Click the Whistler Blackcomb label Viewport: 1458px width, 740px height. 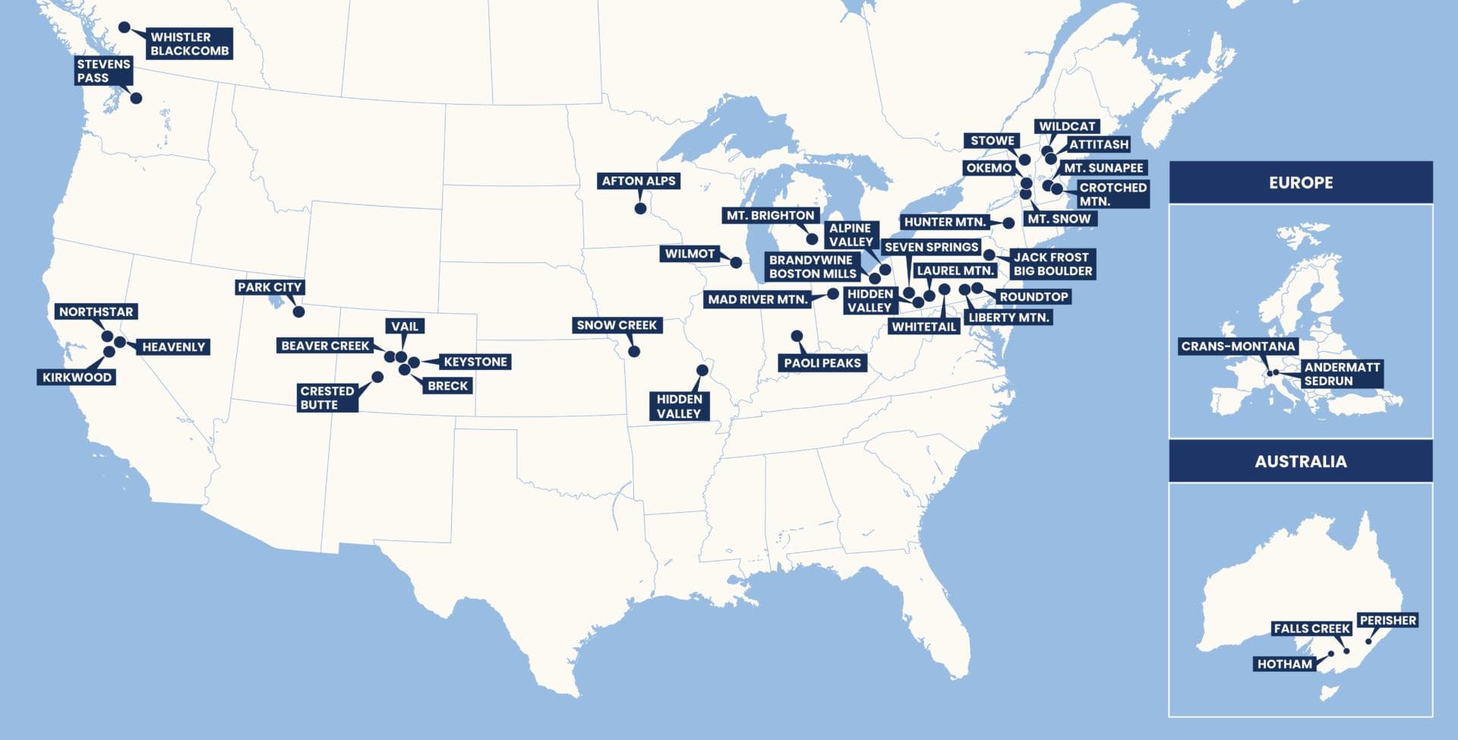click(x=189, y=44)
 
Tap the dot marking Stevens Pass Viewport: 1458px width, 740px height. click(x=136, y=98)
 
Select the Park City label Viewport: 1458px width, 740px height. click(x=270, y=287)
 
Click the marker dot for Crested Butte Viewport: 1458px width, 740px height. click(x=377, y=377)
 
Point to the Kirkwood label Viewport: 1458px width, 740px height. click(x=77, y=378)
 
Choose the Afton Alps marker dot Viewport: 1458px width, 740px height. click(x=640, y=208)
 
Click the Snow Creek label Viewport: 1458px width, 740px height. click(x=616, y=325)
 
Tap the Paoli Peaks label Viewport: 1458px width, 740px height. click(x=822, y=363)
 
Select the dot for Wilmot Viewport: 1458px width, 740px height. click(x=735, y=263)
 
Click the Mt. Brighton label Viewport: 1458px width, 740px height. click(x=770, y=216)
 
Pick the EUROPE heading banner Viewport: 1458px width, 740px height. click(x=1300, y=182)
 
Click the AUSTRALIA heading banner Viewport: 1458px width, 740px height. click(x=1300, y=461)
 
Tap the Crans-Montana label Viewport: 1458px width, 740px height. click(x=1238, y=346)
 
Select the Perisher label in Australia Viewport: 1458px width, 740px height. click(x=1387, y=621)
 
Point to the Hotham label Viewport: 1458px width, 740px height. click(x=1284, y=664)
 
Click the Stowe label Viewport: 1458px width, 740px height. click(x=992, y=141)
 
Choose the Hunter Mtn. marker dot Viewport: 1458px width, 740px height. click(x=1008, y=223)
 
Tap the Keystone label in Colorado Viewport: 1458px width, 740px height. click(x=475, y=362)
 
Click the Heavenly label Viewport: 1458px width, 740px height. click(x=173, y=347)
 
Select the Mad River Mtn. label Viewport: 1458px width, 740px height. click(x=757, y=299)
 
